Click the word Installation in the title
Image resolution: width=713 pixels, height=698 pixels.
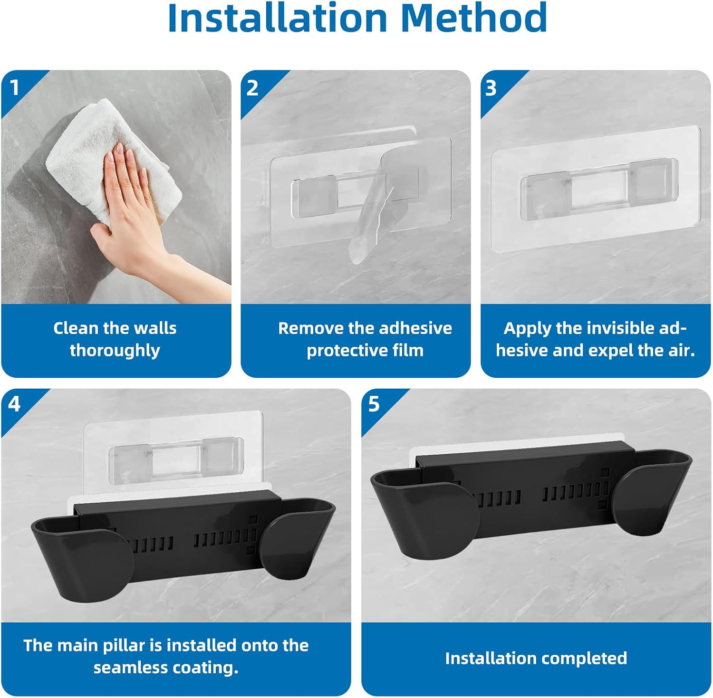[x=278, y=18]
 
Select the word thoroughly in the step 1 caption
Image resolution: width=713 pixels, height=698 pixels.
[x=115, y=351]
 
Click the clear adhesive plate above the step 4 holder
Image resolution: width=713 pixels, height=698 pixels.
[x=173, y=449]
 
